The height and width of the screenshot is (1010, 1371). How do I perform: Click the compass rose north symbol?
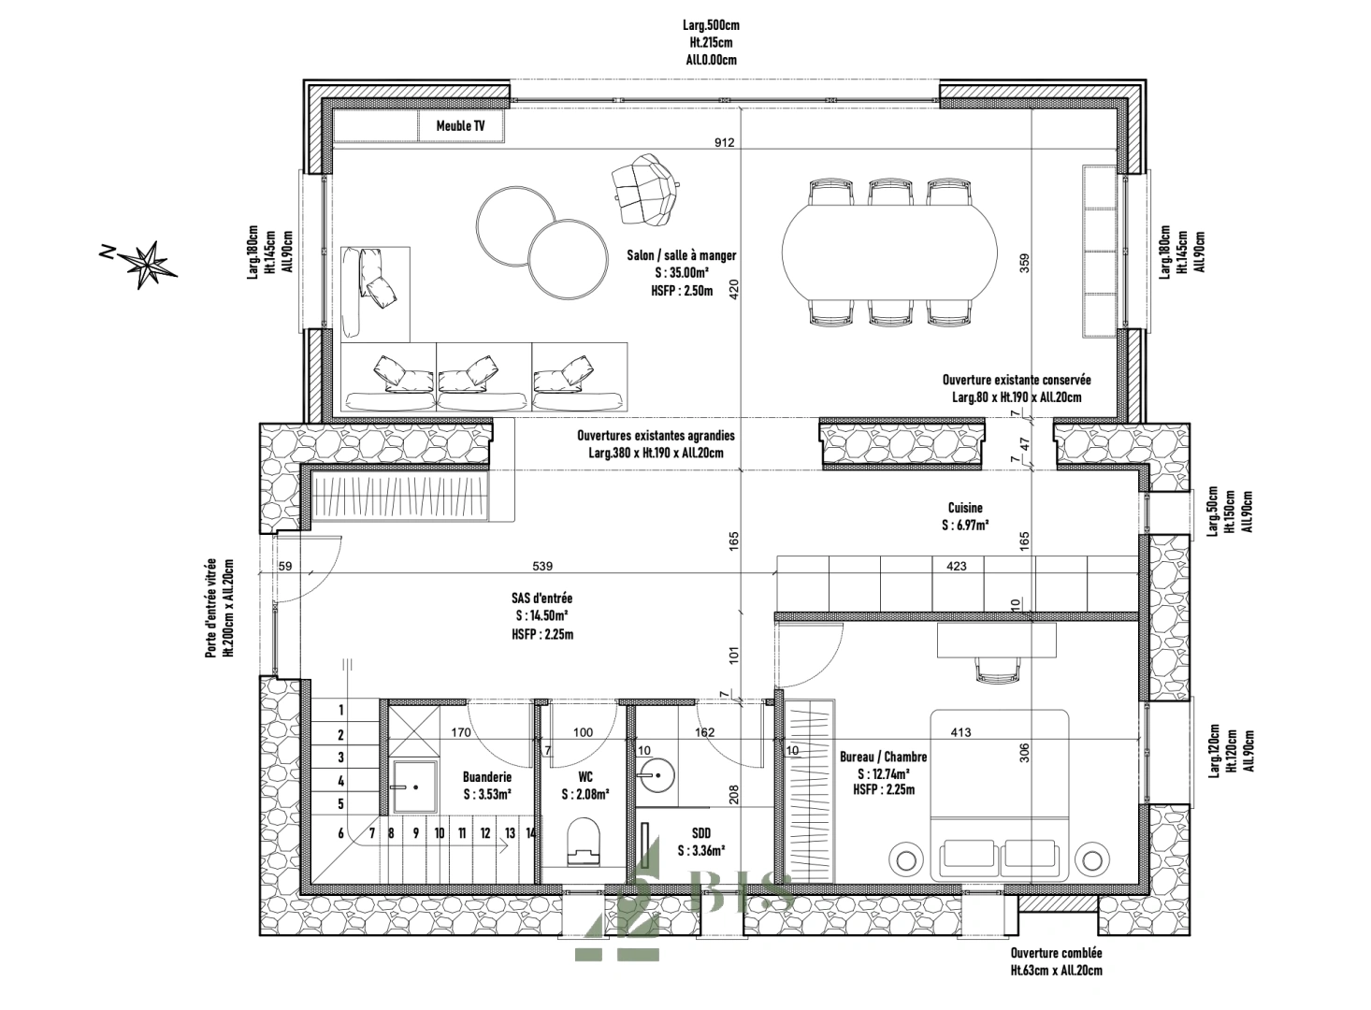[x=146, y=264]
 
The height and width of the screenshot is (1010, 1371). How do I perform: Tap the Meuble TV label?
[x=460, y=126]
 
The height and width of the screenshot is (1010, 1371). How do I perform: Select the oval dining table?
[x=889, y=252]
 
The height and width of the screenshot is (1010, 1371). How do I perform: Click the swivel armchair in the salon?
[x=645, y=189]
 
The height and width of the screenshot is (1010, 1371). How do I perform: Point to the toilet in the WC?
[x=584, y=842]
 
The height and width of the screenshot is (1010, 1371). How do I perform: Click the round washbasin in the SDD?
[x=656, y=775]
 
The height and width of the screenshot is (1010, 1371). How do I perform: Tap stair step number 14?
[x=530, y=832]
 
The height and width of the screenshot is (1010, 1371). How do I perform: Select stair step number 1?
[x=341, y=710]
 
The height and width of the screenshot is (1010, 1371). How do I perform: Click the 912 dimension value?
[x=724, y=143]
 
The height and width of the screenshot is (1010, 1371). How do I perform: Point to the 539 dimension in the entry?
[x=542, y=566]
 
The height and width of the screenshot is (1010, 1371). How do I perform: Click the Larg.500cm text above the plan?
[x=711, y=25]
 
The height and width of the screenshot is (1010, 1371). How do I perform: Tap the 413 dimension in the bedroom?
[x=960, y=732]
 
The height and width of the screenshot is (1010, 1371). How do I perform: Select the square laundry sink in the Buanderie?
[x=414, y=786]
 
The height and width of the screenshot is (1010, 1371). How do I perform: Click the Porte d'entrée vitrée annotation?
[x=220, y=608]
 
